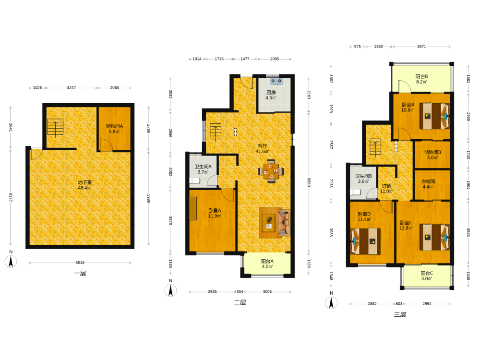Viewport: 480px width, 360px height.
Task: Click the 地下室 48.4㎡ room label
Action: [85, 185]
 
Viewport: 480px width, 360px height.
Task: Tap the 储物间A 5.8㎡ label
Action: [115, 129]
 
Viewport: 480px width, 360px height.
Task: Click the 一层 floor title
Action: [80, 274]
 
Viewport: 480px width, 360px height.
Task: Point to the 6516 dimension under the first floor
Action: [80, 263]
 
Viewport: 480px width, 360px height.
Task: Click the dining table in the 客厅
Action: [271, 171]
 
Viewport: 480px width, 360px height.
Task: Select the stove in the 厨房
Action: [276, 82]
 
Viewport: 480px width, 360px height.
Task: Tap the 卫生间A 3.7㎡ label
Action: [203, 169]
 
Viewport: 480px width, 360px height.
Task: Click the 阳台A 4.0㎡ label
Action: [267, 264]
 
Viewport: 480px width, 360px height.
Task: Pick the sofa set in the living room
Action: [275, 223]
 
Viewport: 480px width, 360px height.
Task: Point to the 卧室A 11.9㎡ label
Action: [215, 213]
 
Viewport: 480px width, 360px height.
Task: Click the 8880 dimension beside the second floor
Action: [309, 182]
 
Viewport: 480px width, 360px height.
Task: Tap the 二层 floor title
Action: [240, 302]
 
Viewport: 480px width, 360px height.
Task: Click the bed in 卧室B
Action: [435, 116]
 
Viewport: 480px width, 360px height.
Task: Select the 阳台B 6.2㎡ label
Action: [421, 79]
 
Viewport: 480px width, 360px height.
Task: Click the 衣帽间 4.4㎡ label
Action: [428, 184]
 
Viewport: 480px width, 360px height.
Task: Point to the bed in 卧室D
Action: [365, 241]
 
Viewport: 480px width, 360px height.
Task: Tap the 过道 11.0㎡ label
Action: [386, 189]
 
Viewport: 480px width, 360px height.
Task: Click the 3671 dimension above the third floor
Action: [421, 47]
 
